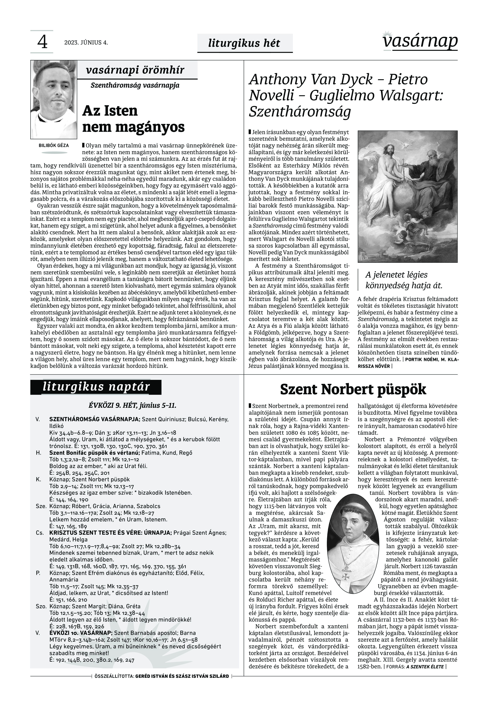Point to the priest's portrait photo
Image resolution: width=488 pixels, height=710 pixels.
point(53,99)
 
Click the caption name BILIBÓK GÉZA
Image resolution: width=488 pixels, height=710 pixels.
point(54,145)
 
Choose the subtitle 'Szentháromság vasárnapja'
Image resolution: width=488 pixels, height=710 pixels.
point(135,85)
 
